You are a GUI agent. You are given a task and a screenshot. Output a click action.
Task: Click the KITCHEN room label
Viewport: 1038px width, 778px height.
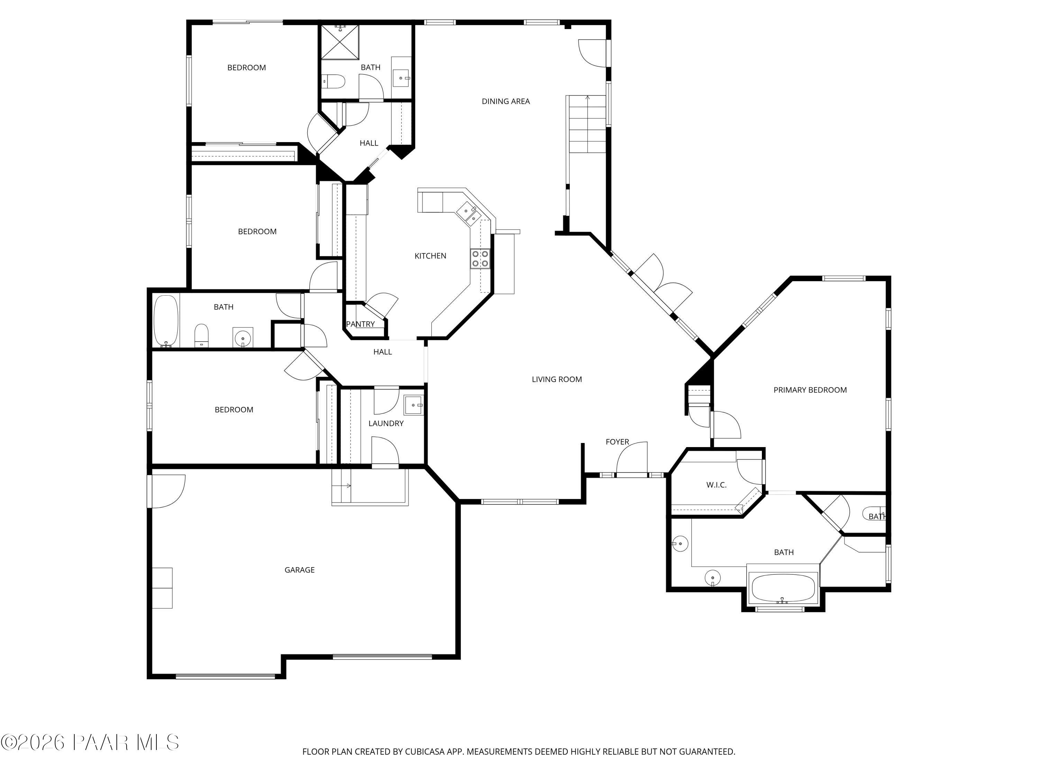[430, 256]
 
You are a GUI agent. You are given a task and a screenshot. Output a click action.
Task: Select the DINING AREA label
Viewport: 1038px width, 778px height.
[506, 101]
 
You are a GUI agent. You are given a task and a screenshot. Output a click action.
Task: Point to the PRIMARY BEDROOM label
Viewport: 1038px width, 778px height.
[810, 390]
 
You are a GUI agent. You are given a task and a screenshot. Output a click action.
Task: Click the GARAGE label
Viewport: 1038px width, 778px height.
[299, 570]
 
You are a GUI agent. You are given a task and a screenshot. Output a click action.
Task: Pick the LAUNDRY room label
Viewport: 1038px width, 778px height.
[386, 424]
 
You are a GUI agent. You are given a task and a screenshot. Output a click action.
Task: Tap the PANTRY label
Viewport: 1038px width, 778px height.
[361, 324]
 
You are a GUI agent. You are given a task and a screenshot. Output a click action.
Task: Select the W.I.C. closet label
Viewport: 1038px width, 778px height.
[716, 485]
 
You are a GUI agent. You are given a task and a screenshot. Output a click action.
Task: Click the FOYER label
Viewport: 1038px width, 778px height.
[617, 442]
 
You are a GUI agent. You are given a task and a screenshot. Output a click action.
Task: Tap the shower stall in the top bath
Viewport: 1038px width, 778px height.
[340, 42]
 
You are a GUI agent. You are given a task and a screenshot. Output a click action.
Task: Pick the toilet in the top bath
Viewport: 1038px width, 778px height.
[334, 82]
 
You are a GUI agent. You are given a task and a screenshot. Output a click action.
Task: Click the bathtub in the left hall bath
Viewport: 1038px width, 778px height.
[166, 321]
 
